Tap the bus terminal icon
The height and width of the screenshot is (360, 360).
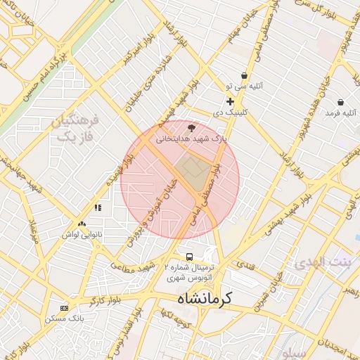(x=189, y=257)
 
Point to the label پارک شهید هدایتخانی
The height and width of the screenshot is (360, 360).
(x=192, y=139)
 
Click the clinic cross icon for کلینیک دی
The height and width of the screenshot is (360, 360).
(x=230, y=102)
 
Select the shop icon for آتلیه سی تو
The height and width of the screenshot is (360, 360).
(x=244, y=76)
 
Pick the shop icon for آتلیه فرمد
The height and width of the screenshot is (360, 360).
(x=340, y=102)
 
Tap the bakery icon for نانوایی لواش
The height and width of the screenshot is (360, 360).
(x=82, y=224)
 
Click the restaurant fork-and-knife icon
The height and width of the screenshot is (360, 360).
(x=98, y=208)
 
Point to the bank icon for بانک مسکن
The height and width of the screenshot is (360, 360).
(x=65, y=308)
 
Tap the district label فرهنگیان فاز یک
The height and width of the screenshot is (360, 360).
(x=75, y=128)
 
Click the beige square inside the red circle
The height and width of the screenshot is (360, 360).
(x=189, y=167)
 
